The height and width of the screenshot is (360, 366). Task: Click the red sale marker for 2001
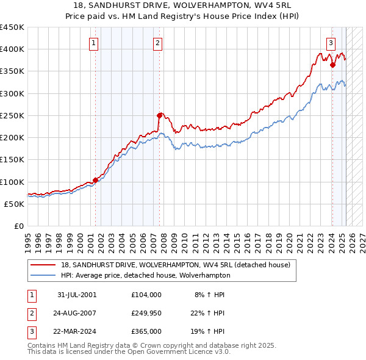pyautogui.click(x=95, y=180)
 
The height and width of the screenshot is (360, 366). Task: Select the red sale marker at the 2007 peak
pyautogui.click(x=159, y=115)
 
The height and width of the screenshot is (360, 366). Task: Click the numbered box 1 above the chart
pyautogui.click(x=94, y=43)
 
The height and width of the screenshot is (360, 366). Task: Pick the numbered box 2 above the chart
pyautogui.click(x=157, y=43)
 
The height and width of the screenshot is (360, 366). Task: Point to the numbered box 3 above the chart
pyautogui.click(x=331, y=43)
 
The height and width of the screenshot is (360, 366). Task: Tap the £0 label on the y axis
pyautogui.click(x=19, y=226)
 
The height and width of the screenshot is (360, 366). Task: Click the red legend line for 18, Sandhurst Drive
pyautogui.click(x=43, y=265)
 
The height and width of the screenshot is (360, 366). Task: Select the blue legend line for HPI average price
pyautogui.click(x=43, y=275)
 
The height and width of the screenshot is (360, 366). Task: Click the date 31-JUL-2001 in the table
pyautogui.click(x=77, y=295)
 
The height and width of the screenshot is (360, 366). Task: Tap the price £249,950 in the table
pyautogui.click(x=146, y=313)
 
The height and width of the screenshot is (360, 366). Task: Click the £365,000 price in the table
pyautogui.click(x=146, y=331)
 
